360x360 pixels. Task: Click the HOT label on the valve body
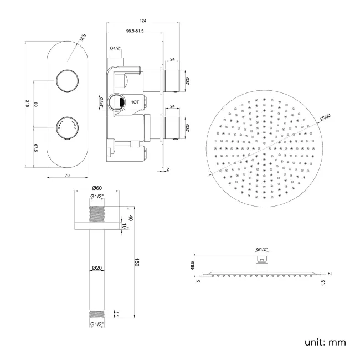[135, 102]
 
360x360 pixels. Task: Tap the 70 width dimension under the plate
[66, 176]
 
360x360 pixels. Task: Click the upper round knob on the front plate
[66, 82]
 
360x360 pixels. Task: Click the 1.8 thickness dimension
[323, 282]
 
